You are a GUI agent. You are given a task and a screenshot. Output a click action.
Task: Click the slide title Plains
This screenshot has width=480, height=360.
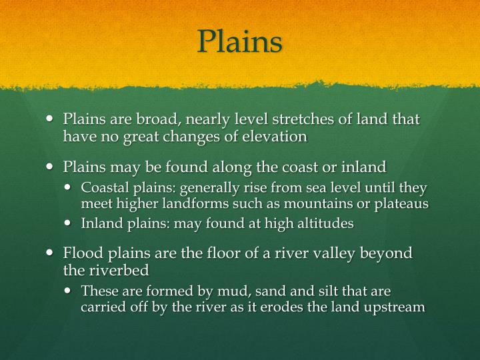(240, 42)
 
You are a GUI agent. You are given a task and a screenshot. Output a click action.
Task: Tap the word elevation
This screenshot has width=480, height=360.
(275, 137)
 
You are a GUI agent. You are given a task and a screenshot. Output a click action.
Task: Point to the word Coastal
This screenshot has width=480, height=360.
(102, 188)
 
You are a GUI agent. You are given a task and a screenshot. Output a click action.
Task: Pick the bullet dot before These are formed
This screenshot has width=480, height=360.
(71, 291)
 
